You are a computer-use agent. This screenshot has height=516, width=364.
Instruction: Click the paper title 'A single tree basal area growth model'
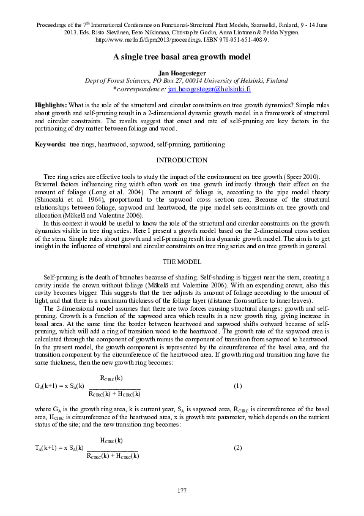pos(182,56)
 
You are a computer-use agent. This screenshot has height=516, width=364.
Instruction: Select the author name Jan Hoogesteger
pos(182,73)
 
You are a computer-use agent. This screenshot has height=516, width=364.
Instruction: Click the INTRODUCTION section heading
pos(182,160)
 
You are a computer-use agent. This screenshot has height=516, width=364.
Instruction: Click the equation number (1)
pos(238,386)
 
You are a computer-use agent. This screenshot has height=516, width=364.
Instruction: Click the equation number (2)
pos(238,448)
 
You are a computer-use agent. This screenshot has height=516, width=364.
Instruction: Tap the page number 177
pos(182,491)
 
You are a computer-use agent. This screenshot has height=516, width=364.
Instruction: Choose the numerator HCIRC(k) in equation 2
pos(112,440)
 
